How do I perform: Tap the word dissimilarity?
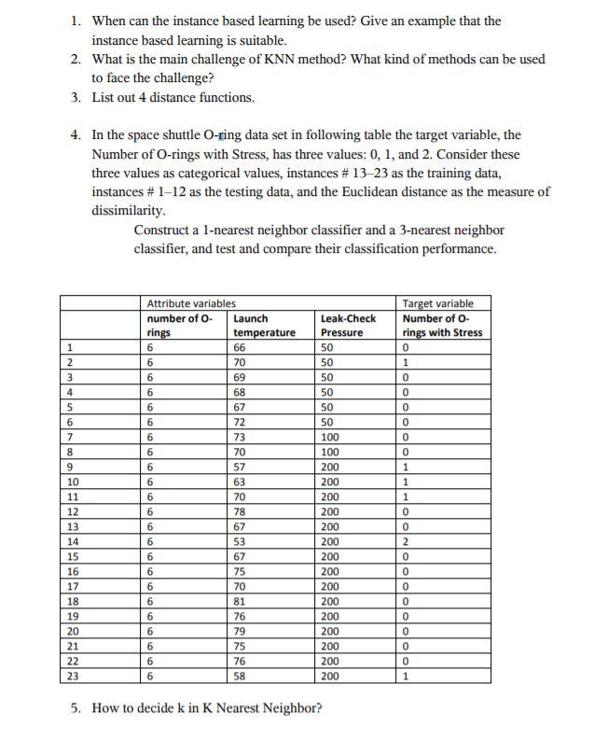pyautogui.click(x=128, y=211)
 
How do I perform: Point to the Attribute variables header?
pyautogui.click(x=191, y=303)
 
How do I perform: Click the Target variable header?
pyautogui.click(x=437, y=303)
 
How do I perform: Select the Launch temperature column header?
pyautogui.click(x=264, y=326)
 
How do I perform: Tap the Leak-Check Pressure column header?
pyautogui.click(x=348, y=326)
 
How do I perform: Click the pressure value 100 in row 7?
pyautogui.click(x=330, y=436)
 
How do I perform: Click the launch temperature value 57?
pyautogui.click(x=240, y=465)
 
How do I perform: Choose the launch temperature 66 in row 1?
pyautogui.click(x=240, y=347)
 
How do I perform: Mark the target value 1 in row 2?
pyautogui.click(x=405, y=362)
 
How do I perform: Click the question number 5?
pyautogui.click(x=76, y=708)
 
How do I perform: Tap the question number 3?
pyautogui.click(x=76, y=97)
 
